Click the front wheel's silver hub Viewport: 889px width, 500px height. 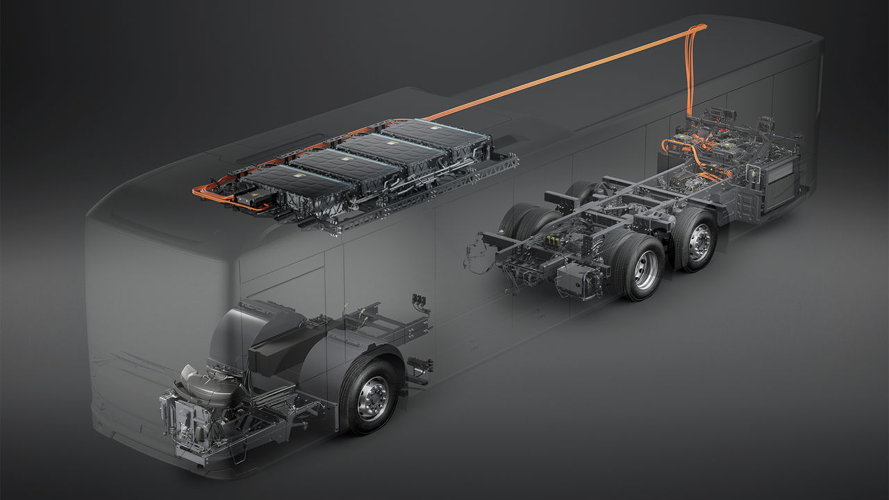click(374, 398)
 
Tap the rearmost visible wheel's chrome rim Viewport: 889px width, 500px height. click(699, 242)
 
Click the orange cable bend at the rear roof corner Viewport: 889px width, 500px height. click(698, 29)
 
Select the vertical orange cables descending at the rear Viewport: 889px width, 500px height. click(690, 76)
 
